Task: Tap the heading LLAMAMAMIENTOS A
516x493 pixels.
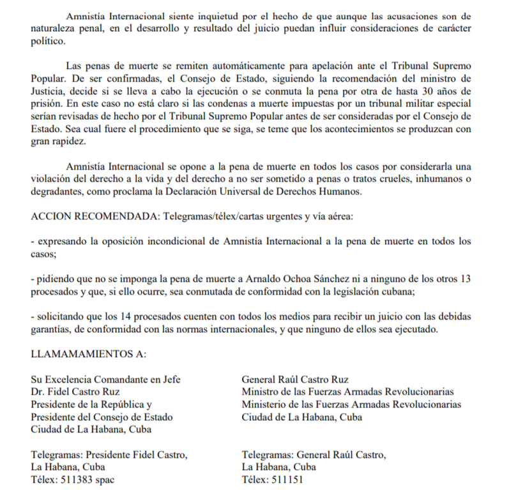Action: [88, 353]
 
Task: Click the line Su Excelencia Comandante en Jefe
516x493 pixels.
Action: [105, 379]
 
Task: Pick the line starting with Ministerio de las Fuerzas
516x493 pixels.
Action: [351, 404]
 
